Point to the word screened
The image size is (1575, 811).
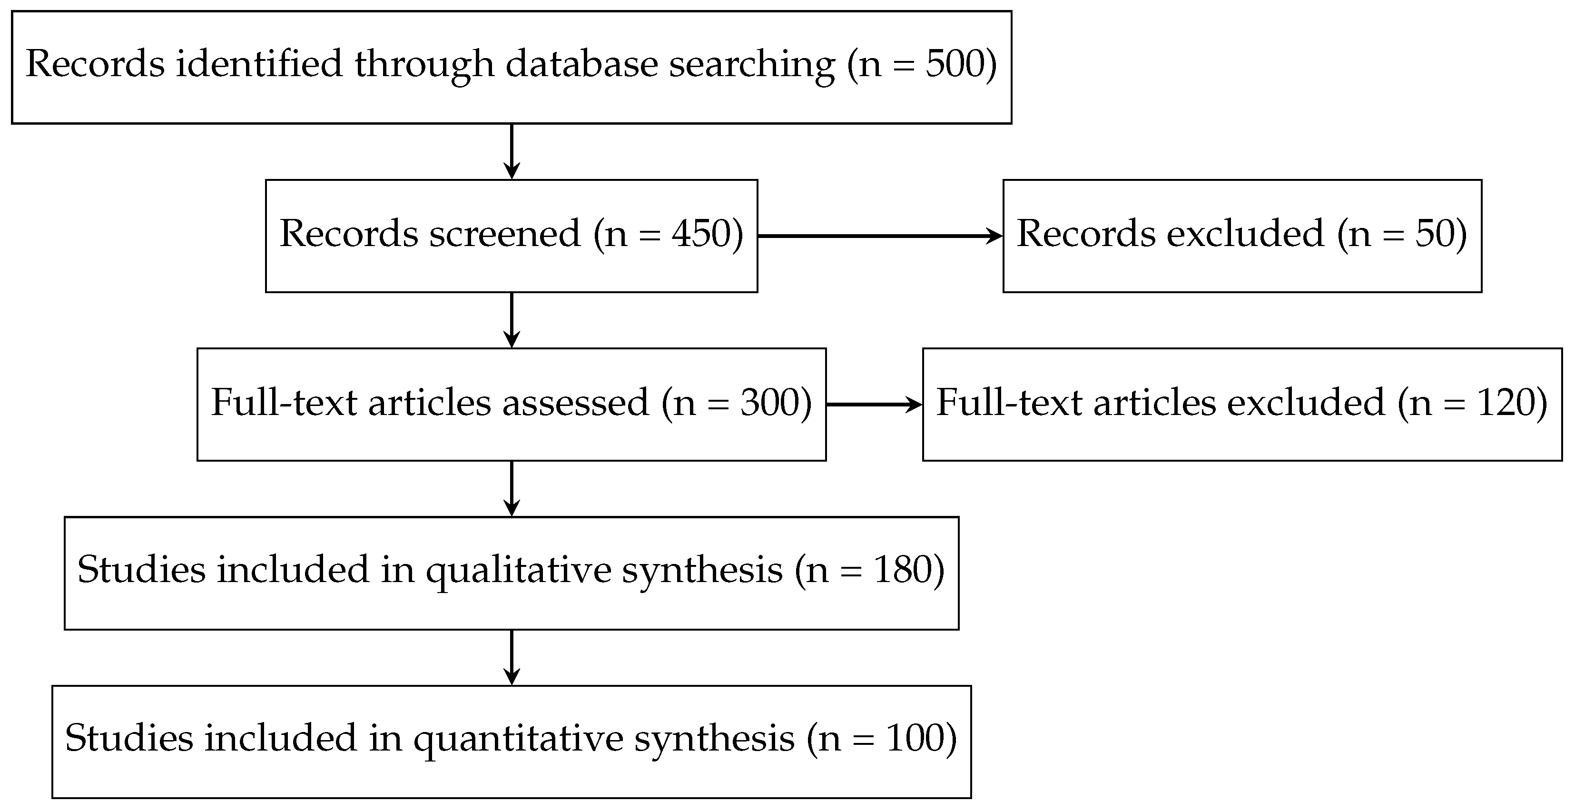504,234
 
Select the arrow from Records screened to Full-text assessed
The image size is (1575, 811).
511,320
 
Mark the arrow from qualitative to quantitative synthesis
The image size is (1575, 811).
511,657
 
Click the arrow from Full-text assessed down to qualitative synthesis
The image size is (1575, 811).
511,489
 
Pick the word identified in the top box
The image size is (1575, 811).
259,64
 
